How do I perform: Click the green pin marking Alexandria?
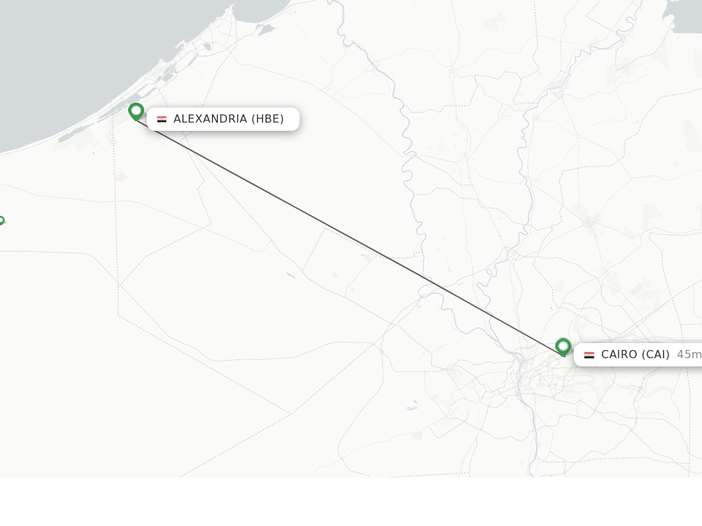click(x=136, y=110)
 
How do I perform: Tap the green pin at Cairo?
click(x=563, y=346)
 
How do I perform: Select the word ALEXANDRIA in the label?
click(x=210, y=119)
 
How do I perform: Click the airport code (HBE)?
click(x=267, y=119)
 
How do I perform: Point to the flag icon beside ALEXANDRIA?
click(x=162, y=119)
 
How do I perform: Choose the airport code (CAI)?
click(x=655, y=355)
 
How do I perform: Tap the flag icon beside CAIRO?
click(x=590, y=355)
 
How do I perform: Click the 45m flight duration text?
click(x=688, y=355)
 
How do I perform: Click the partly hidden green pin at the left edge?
click(x=1, y=221)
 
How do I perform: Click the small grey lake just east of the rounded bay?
click(x=266, y=29)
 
